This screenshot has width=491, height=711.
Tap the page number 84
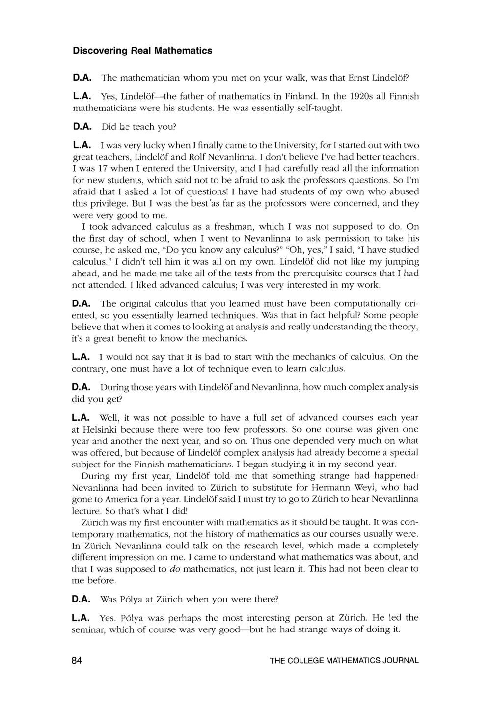tap(77, 660)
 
